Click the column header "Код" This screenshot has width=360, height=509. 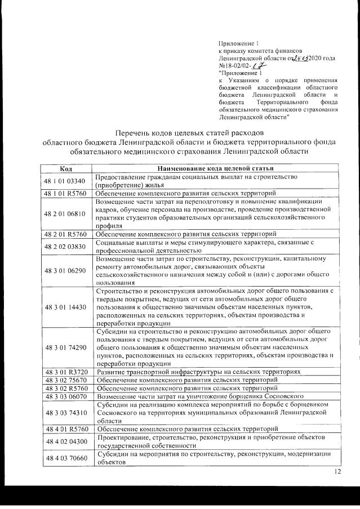[66, 168]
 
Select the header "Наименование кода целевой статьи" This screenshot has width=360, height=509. [215, 168]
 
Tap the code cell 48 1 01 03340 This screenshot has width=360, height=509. [66, 180]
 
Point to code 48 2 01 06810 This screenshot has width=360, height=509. [66, 213]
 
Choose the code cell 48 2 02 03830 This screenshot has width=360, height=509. [66, 246]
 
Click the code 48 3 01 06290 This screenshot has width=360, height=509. [66, 270]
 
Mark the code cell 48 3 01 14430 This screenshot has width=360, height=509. [66, 307]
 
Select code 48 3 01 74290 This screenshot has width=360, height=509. [66, 347]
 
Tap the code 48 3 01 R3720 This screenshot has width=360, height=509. [66, 372]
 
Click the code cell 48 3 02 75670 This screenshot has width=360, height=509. [66, 381]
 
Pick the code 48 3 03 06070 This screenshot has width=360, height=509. [66, 397]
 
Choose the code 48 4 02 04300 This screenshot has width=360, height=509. [66, 442]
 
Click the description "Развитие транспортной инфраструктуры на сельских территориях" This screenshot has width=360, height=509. [198, 372]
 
